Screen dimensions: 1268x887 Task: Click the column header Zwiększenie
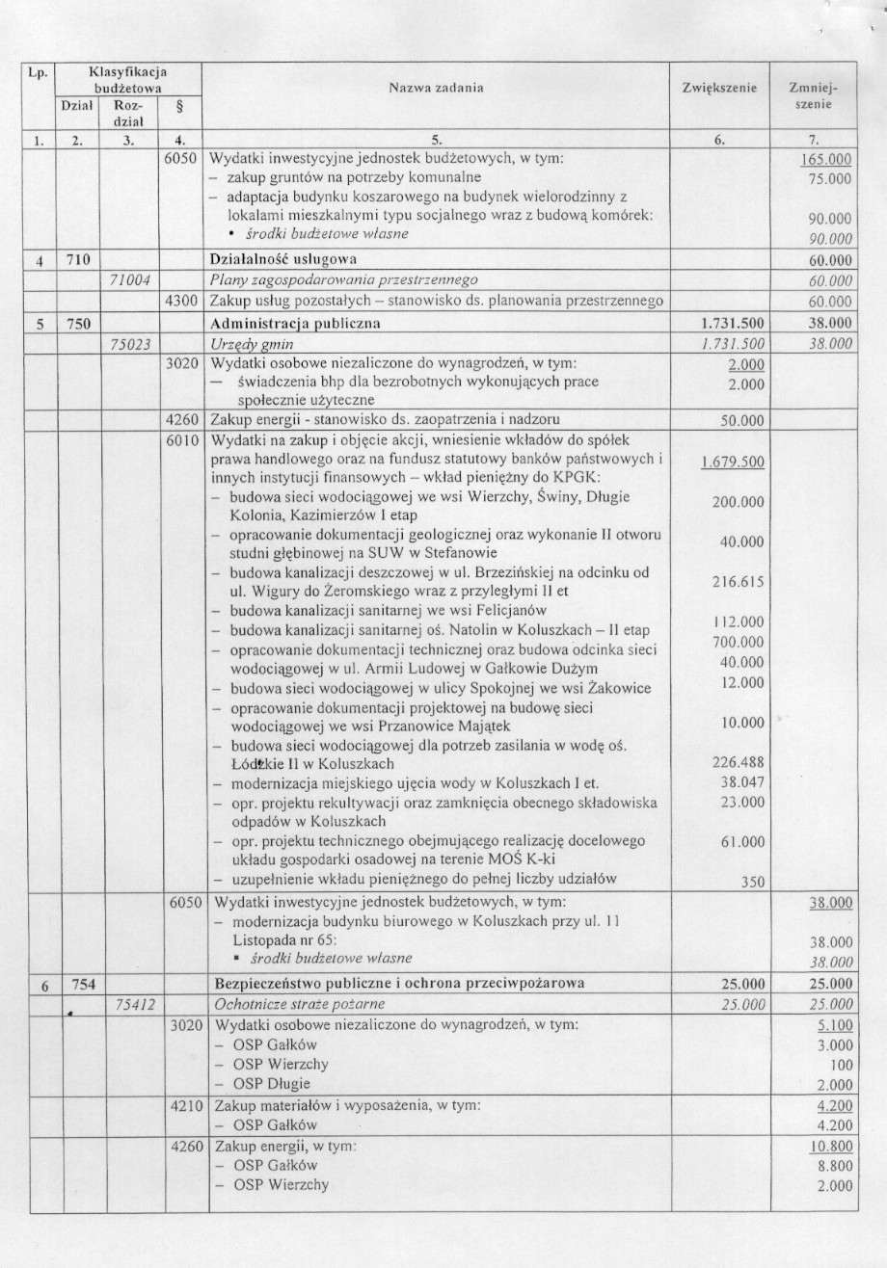point(719,88)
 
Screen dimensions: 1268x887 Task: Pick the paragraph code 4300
point(183,302)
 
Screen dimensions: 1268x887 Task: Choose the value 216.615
point(739,582)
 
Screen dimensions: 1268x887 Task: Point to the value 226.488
point(739,762)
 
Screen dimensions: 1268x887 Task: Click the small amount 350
point(750,881)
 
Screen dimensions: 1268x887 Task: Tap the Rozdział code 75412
point(135,1004)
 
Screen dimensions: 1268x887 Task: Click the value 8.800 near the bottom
point(834,1166)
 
